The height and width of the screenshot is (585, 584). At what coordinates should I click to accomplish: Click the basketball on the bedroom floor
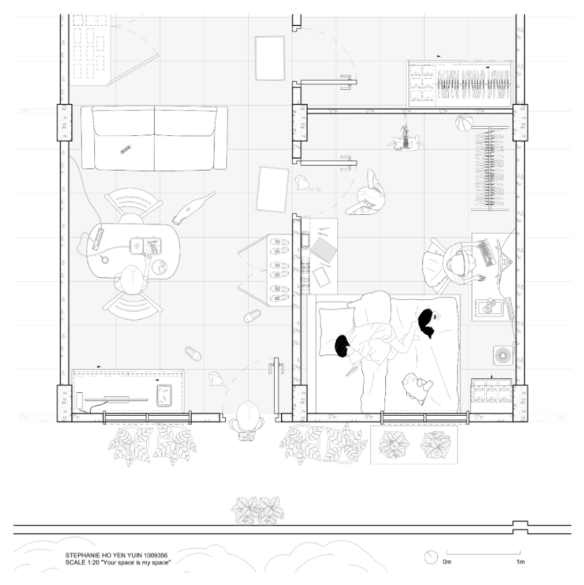(x=464, y=122)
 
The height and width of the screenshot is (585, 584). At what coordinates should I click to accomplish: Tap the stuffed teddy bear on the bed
(x=416, y=388)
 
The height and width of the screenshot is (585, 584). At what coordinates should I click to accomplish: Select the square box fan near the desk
(x=503, y=355)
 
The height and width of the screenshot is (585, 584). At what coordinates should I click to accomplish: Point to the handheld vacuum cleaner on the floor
(x=193, y=208)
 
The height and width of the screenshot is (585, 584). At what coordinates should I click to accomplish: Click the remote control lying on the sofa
(x=125, y=149)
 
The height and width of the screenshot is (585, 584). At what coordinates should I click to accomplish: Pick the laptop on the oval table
(x=145, y=246)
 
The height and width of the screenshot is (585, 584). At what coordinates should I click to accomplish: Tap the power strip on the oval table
(x=98, y=238)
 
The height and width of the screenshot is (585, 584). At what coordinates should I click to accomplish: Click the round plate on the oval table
(x=159, y=267)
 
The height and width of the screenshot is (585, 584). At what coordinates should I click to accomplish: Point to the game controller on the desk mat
(x=489, y=306)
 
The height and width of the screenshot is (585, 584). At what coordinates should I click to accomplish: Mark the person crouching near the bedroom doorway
(x=365, y=194)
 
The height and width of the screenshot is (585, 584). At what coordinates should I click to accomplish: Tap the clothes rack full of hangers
(x=489, y=168)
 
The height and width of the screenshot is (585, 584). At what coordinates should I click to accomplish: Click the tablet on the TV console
(x=164, y=395)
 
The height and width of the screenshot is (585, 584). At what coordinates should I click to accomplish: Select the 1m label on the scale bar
(x=521, y=561)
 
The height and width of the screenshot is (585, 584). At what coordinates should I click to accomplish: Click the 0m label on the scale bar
(x=447, y=561)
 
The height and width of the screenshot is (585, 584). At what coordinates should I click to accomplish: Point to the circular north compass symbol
(x=431, y=557)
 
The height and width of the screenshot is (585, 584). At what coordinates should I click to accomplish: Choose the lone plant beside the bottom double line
(x=257, y=510)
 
